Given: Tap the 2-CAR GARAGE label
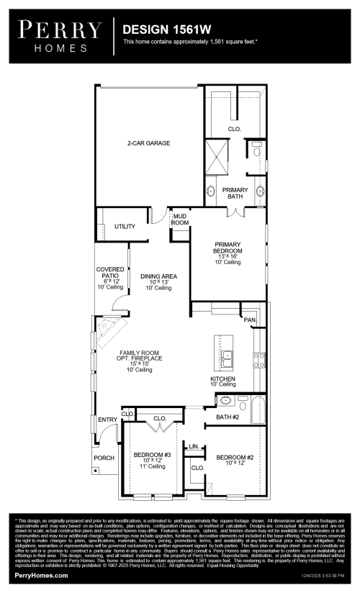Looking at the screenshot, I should click(149, 143).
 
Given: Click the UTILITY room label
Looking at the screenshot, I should click(125, 227).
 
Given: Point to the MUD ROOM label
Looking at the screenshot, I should click(179, 219).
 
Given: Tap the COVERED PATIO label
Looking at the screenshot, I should click(110, 278).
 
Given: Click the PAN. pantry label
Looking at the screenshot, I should click(250, 320).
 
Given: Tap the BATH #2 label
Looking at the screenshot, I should click(227, 417).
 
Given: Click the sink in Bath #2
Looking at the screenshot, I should click(225, 401).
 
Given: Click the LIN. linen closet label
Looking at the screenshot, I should click(193, 447).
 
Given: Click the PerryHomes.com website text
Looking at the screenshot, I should click(42, 576).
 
